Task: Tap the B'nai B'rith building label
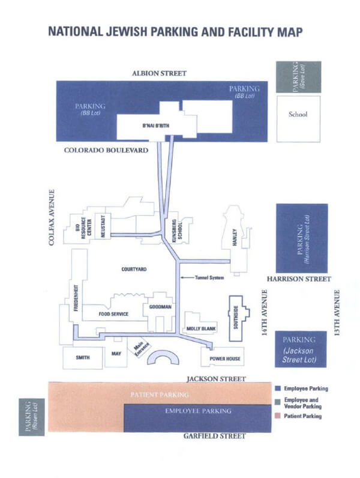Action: (153, 127)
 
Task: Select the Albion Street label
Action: (159, 73)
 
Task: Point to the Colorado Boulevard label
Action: (106, 150)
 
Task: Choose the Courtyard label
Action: (134, 269)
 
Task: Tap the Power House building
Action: (226, 358)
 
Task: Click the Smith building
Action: (82, 358)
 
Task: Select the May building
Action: (116, 354)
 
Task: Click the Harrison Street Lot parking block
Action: (302, 238)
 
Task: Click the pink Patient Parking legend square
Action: (277, 416)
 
